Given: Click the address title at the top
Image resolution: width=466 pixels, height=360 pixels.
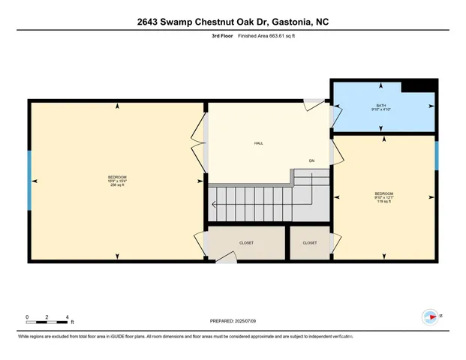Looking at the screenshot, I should [x=233, y=22].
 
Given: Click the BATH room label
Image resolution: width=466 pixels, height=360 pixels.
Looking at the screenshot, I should [x=382, y=106].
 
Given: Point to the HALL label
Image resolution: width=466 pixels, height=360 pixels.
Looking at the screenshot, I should [x=258, y=143].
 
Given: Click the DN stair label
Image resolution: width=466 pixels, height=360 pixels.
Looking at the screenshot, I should [x=311, y=161].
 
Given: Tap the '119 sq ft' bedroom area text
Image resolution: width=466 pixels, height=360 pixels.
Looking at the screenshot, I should [x=383, y=201].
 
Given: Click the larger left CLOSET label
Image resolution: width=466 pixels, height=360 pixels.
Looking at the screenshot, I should [x=246, y=243].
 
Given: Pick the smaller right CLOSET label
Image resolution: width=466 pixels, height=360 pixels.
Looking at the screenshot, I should [x=309, y=243].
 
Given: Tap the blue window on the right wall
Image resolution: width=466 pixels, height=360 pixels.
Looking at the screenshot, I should [x=436, y=155].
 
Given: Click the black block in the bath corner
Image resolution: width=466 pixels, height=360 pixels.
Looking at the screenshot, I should [x=419, y=86].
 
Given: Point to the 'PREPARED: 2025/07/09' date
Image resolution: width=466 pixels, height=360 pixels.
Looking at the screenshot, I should [x=233, y=321].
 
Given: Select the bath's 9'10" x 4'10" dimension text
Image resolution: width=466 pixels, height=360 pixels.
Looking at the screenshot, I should [x=382, y=110].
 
